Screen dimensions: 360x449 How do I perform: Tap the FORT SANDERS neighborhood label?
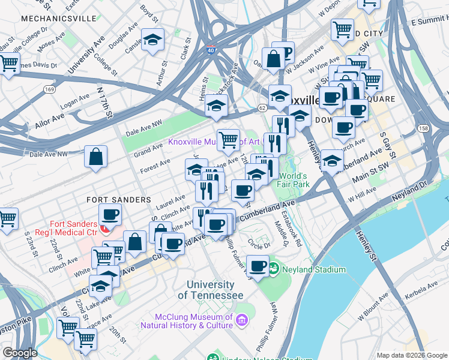(118, 199)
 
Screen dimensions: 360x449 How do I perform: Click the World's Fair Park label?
(294, 180)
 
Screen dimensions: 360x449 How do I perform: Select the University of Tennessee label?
(214, 290)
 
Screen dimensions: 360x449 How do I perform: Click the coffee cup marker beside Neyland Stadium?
(258, 266)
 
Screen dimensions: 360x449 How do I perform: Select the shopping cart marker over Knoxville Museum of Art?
(228, 141)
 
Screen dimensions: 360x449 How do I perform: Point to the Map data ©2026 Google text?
(411, 355)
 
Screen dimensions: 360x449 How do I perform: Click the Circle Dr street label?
(259, 243)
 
